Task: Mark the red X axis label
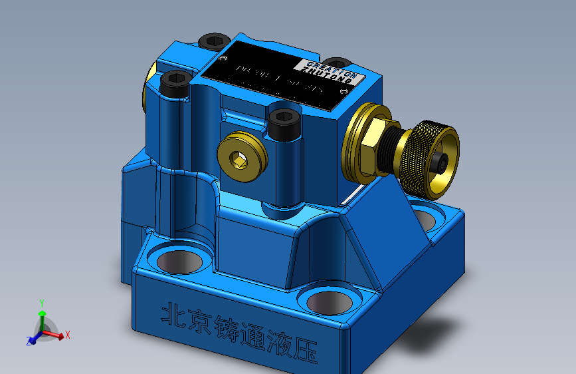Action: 68,335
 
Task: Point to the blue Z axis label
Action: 29,341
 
